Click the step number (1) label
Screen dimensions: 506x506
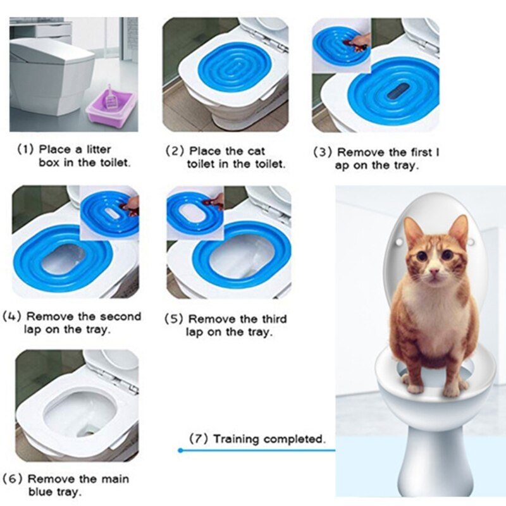coord(25,150)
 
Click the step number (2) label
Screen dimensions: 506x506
coord(175,152)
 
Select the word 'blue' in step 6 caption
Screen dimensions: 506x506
coord(42,491)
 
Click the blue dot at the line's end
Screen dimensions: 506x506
coord(180,450)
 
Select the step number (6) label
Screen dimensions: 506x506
coord(13,479)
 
